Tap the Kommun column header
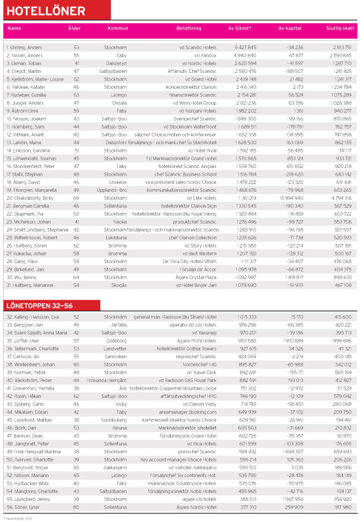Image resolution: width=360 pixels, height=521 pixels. click(x=118, y=28)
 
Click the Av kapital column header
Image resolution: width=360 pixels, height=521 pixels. click(x=290, y=28)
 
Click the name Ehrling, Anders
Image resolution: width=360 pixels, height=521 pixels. click(x=24, y=48)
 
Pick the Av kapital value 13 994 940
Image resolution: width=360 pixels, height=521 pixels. click(x=290, y=197)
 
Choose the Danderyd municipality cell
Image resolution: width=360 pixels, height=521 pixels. click(x=115, y=63)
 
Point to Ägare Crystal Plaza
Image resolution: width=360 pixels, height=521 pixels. click(x=197, y=277)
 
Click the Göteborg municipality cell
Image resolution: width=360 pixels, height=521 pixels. click(x=116, y=341)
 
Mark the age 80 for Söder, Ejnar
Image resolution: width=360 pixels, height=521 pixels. click(x=77, y=508)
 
